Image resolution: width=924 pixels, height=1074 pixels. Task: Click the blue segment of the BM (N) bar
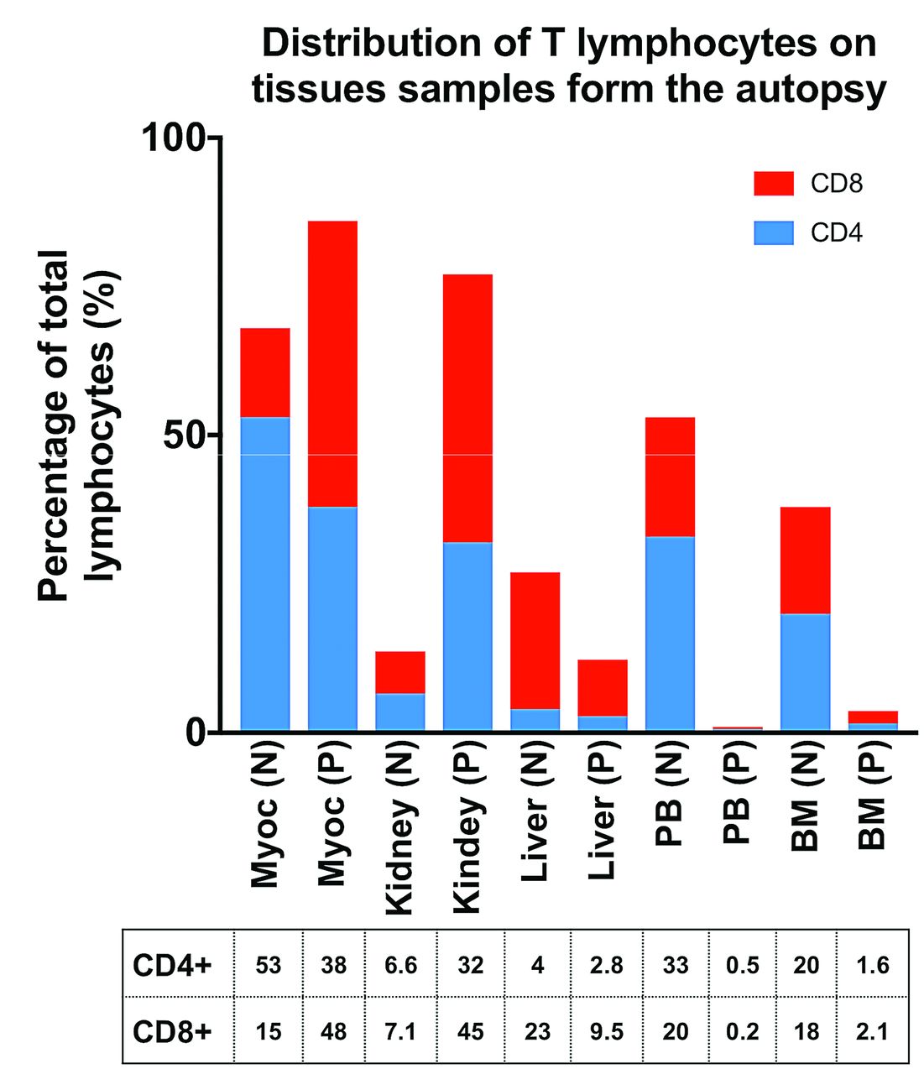point(805,672)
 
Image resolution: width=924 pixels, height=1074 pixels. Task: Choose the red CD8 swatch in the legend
point(773,183)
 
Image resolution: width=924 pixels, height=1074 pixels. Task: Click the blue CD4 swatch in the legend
point(773,232)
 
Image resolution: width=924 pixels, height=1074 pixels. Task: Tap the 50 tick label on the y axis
point(184,435)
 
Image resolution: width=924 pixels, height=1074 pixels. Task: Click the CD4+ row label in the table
point(172,966)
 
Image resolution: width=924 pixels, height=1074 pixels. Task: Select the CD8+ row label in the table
point(172,1031)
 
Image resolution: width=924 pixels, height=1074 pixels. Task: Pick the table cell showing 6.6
point(400,966)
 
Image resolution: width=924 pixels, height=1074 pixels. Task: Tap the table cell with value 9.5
point(606,1031)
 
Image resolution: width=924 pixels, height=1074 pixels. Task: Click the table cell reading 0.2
point(742,1031)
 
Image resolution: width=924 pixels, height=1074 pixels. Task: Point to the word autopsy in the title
point(813,89)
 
